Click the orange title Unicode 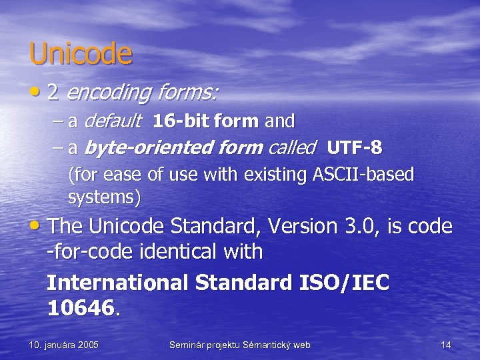coord(81,54)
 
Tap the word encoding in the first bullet coord(110,93)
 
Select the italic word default coord(114,121)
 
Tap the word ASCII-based coord(363,175)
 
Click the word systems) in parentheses coord(104,197)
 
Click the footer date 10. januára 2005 coord(64,345)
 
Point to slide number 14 coord(446,345)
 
